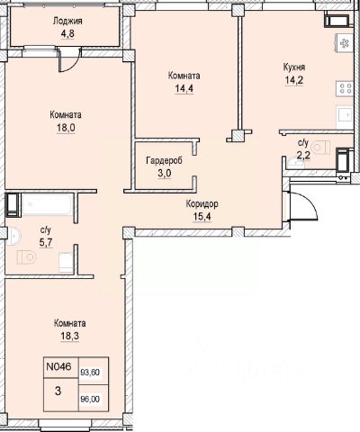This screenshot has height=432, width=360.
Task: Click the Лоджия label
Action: pyautogui.click(x=67, y=22)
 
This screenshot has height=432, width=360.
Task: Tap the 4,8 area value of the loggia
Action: pyautogui.click(x=67, y=33)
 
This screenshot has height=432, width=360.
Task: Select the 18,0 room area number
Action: pyautogui.click(x=66, y=128)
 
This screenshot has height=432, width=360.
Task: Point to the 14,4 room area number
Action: pyautogui.click(x=184, y=89)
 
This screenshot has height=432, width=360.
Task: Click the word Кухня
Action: pyautogui.click(x=294, y=67)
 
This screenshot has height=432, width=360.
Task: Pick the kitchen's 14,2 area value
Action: pyautogui.click(x=294, y=80)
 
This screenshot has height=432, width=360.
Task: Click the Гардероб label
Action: pyautogui.click(x=164, y=161)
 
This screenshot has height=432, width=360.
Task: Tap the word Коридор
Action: pyautogui.click(x=202, y=204)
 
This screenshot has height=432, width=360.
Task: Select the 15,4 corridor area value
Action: pyautogui.click(x=202, y=216)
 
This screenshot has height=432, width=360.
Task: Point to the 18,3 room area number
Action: pyautogui.click(x=69, y=336)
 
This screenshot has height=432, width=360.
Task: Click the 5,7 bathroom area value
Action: pyautogui.click(x=46, y=242)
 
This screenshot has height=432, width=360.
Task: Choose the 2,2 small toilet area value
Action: pyautogui.click(x=303, y=156)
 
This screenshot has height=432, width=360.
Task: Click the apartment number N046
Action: pyautogui.click(x=58, y=366)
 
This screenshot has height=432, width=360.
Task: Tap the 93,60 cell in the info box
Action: pyautogui.click(x=90, y=373)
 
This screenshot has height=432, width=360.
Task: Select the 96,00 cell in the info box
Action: pyautogui.click(x=90, y=400)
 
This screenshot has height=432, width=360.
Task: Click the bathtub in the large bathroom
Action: pyautogui.click(x=47, y=205)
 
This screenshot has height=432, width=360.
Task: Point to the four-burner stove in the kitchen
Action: pyautogui.click(x=345, y=89)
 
